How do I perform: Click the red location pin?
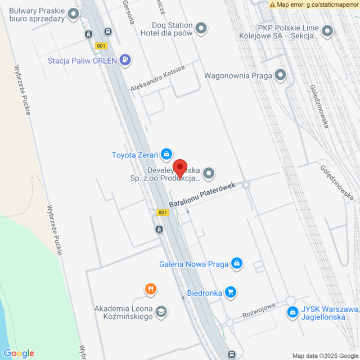point(179,168)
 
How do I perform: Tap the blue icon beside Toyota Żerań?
point(166,154)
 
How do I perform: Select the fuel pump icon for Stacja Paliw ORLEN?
point(125,59)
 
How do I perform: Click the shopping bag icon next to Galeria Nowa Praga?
point(237,263)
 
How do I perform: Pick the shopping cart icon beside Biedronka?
point(230,292)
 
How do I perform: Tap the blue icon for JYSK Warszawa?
point(292,311)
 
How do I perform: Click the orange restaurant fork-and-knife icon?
point(150,290)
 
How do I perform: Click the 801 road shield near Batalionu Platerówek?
point(163,212)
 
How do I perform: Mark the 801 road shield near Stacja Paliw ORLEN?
point(101,47)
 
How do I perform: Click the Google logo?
point(19,353)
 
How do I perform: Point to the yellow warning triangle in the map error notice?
point(272,4)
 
